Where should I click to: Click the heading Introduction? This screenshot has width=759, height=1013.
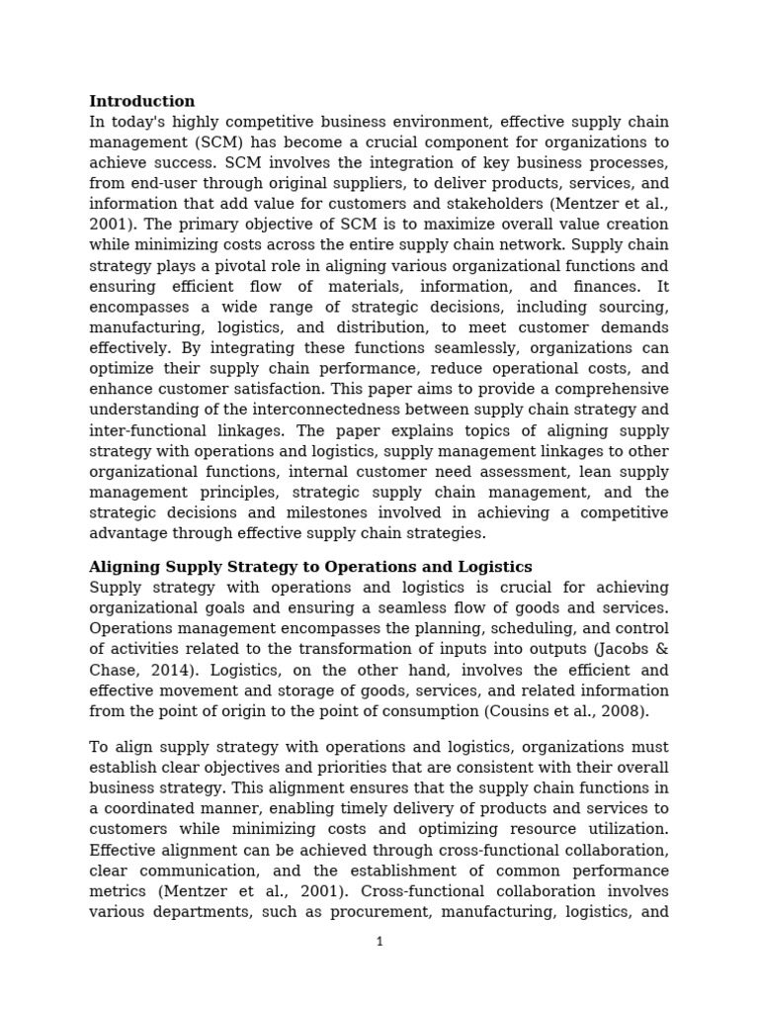(x=141, y=101)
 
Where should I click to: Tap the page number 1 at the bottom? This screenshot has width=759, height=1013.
(x=379, y=942)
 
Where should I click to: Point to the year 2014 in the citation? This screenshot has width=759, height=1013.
(x=161, y=670)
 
